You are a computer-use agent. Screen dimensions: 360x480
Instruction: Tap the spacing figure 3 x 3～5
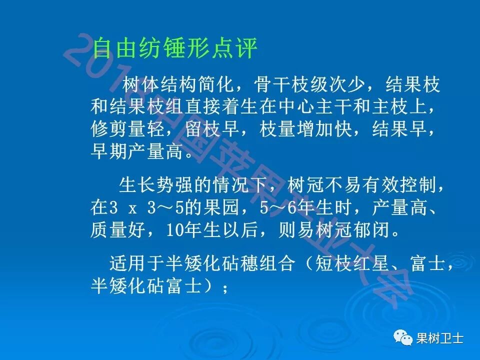point(145,208)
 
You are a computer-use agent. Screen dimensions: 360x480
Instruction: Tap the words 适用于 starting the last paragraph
point(131,263)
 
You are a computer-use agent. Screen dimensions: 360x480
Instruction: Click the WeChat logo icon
point(401,338)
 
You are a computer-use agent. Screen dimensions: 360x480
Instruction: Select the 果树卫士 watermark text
point(440,339)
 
